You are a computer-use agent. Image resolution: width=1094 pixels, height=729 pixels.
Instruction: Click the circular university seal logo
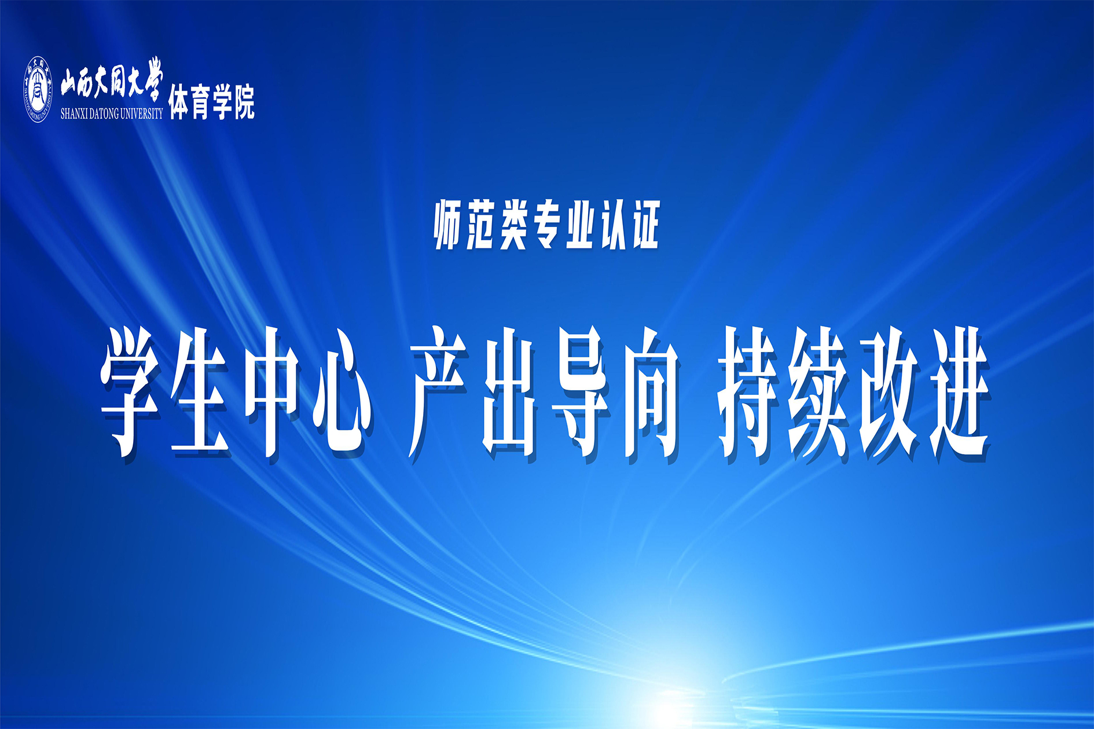coord(38,89)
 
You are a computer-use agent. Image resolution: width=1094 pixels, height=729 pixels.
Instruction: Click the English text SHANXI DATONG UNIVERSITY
coord(112,113)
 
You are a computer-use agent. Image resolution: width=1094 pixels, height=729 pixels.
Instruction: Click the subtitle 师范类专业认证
coord(546,225)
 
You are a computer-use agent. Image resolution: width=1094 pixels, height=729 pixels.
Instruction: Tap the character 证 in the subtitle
coord(644,225)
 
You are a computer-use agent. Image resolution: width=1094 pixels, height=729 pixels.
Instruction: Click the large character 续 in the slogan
coord(818,392)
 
